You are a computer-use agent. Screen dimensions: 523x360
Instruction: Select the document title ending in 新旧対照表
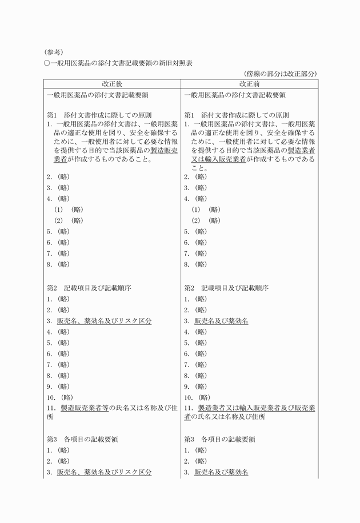coord(118,63)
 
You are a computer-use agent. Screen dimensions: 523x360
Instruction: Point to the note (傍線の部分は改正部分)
coord(279,74)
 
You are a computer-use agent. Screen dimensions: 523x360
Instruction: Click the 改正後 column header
coord(113,84)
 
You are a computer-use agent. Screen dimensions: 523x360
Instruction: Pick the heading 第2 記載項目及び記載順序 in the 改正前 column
coord(226,288)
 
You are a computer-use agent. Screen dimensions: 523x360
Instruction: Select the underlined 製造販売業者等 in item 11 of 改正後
coord(83,408)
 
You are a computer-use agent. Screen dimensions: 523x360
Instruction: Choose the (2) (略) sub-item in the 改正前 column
coord(206,220)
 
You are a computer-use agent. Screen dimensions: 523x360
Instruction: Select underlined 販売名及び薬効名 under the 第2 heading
coord(221,321)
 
